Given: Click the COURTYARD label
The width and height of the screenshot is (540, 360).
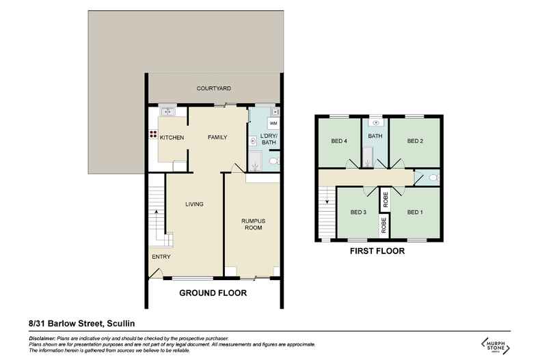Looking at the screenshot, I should pos(213,89).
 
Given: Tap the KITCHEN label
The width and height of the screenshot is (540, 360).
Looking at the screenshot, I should pos(172,138).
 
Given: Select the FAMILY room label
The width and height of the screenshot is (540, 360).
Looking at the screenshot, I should pos(217,138).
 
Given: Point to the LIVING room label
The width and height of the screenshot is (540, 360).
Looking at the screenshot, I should pos(195,204).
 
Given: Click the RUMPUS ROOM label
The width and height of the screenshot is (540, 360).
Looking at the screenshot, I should pos(252,225).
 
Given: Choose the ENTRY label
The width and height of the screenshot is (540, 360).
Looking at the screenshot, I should pos(161,257).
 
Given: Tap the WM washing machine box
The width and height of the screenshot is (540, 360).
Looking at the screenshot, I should pos(273,124).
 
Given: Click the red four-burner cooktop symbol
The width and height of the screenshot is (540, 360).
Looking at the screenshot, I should pos(152,133).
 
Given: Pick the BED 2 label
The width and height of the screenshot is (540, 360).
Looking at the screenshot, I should pos(416,141).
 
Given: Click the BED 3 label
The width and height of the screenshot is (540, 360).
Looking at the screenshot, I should pos(359,212).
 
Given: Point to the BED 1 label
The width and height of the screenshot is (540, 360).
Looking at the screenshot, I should pos(415,212).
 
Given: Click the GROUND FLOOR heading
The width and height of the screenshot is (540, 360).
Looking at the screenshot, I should pos(213,293).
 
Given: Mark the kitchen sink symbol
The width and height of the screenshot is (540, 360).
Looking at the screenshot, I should pos(167,112).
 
